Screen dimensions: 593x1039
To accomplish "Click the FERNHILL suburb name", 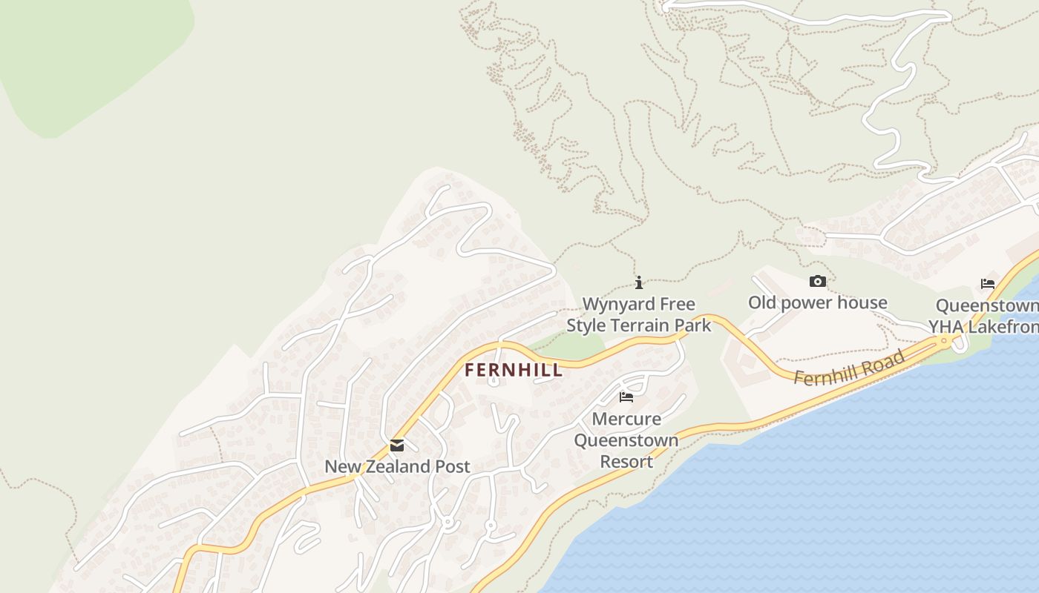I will (514, 370).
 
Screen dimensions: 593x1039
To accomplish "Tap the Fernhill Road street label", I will (850, 368).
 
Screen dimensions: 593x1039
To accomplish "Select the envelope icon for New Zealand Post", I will (397, 445).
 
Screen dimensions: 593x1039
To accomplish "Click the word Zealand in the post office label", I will (401, 466).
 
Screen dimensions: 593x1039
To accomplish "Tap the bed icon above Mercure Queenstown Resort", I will (626, 397).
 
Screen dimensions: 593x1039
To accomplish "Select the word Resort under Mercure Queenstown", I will (626, 461).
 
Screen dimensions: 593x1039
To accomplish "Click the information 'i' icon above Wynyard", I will (639, 282).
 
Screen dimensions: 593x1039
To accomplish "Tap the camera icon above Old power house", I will (817, 282).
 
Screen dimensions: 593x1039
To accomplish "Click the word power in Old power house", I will (806, 302).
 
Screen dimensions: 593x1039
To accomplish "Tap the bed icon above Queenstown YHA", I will (987, 284).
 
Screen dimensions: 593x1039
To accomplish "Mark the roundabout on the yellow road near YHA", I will (944, 341).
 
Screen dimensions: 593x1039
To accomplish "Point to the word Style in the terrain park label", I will (586, 325).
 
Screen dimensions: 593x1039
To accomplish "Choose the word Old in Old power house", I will (761, 302).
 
